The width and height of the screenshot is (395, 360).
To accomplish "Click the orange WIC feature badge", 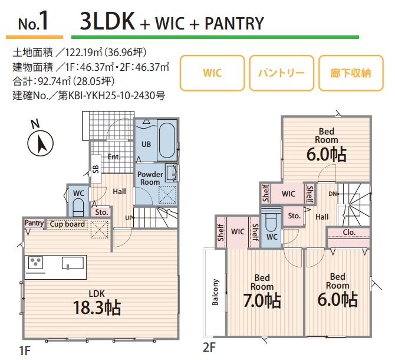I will point(212,74).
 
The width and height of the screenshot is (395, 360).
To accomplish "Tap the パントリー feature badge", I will point(281,74).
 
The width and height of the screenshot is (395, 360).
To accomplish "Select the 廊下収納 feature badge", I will point(350,74).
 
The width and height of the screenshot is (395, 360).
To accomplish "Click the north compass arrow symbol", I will point(41,143).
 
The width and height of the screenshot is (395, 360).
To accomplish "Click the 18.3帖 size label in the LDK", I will point(97,307).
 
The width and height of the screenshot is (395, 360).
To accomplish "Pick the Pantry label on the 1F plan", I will point(34,224).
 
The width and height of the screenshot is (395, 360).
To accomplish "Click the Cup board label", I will point(67,224).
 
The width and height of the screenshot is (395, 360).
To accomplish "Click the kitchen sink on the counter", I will point(74,263).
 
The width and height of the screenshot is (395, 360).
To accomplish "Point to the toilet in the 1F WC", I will point(77,206).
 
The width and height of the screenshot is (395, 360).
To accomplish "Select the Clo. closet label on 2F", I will point(348,232).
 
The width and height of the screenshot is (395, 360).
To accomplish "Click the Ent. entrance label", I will point(114,157).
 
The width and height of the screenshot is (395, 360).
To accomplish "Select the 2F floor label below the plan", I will point(209,348).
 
